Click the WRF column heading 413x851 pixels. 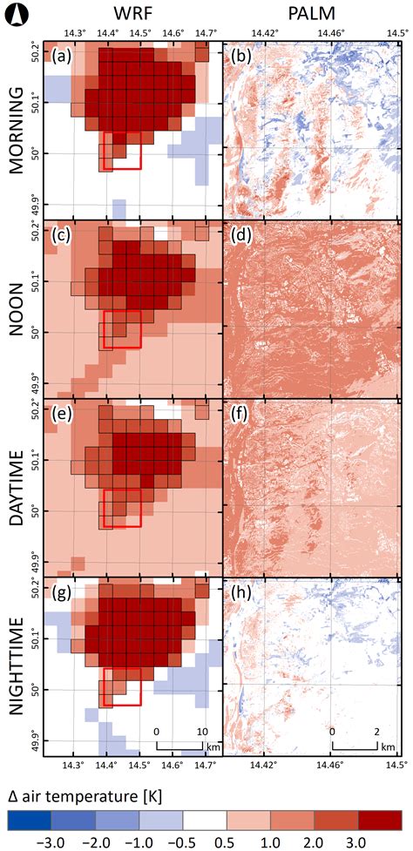tap(132, 13)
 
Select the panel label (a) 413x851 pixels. tap(63, 59)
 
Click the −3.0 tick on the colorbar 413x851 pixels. tap(30, 843)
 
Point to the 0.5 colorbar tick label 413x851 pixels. tap(227, 843)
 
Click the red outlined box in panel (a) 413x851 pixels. tap(122, 151)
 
